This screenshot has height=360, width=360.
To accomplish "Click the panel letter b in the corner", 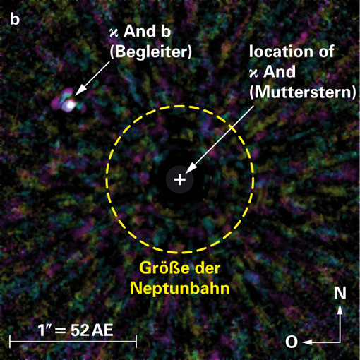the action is point(15,19).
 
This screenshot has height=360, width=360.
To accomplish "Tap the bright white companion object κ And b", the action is point(69,105).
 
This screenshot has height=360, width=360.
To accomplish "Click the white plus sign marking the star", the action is point(180,180).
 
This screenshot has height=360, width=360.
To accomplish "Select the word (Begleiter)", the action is point(151,51).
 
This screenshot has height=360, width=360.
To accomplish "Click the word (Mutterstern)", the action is point(303,92).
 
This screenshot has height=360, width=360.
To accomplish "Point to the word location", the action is point(280,51).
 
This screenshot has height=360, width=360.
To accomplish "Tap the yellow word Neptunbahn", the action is point(180,288).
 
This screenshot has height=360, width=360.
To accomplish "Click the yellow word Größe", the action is point(164,268).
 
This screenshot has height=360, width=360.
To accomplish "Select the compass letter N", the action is point(340,293).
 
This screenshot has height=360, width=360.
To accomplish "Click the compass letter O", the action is point(292,342).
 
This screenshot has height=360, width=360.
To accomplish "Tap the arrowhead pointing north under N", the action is point(340,308).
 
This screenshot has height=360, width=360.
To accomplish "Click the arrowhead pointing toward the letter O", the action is point(307,342).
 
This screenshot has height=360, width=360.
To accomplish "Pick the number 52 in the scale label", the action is point(80,330).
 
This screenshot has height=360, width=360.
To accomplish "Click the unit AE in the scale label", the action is point(102,330).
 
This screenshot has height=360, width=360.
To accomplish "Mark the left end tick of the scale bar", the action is point(10,342).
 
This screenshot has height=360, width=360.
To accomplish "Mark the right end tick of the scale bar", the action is point(136,342).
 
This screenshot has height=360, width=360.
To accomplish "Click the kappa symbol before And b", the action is point(114,33).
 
